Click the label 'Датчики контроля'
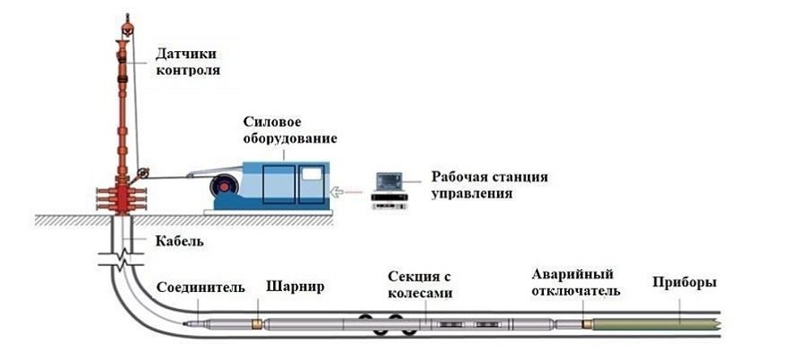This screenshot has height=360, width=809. point(187,62)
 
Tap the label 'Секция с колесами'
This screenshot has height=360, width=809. point(419,285)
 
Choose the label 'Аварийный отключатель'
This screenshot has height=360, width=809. point(576,283)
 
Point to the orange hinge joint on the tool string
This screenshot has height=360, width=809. point(257,324)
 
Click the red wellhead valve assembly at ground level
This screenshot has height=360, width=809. point(122,196)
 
